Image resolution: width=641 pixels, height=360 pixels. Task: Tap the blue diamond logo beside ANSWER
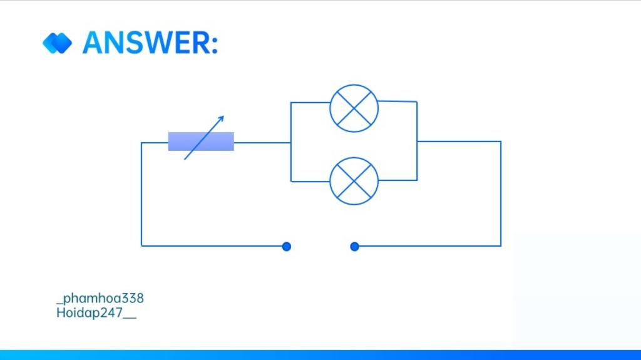(57, 43)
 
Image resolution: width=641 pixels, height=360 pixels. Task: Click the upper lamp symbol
(354, 108)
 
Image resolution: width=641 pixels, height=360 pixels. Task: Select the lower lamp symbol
(354, 181)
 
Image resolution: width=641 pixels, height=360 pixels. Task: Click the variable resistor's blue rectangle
(201, 141)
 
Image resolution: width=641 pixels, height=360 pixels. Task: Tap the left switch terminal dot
(287, 247)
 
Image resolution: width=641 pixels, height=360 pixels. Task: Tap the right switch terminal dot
(354, 247)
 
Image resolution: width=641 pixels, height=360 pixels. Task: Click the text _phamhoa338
(100, 298)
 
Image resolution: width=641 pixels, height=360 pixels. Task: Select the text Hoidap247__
(96, 312)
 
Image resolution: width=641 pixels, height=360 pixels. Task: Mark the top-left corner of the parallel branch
(291, 102)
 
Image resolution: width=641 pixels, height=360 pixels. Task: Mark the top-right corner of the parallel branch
(417, 101)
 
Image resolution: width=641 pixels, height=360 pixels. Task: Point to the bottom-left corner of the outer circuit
(141, 246)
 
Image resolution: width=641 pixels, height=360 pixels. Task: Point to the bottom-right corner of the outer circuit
(501, 246)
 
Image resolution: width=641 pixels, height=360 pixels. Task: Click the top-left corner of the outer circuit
(141, 143)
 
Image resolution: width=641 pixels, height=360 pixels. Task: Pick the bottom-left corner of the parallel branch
(291, 181)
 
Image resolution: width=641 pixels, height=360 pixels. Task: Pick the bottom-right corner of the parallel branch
(417, 180)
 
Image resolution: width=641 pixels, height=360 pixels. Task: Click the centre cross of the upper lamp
(354, 108)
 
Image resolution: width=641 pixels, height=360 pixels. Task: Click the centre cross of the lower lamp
(354, 181)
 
